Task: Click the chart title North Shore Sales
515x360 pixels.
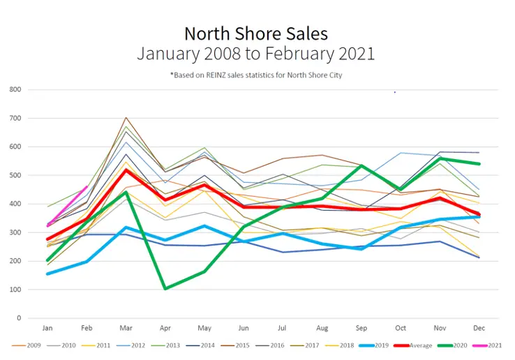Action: point(255,33)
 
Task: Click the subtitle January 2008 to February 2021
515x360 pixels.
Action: point(255,53)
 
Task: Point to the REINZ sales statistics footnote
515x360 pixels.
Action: point(255,75)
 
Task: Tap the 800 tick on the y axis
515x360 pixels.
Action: point(15,90)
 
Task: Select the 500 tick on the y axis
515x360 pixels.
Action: point(15,175)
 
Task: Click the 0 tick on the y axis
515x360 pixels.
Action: point(19,318)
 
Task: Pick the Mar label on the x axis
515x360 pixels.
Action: point(126,328)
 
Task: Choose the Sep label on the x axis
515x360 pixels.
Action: point(361,328)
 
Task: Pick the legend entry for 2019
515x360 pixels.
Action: point(375,345)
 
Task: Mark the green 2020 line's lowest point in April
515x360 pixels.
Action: point(165,288)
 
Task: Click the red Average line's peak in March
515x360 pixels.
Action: point(126,170)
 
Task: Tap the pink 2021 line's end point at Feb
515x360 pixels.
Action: point(87,186)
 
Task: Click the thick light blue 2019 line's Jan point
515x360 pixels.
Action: point(47,273)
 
